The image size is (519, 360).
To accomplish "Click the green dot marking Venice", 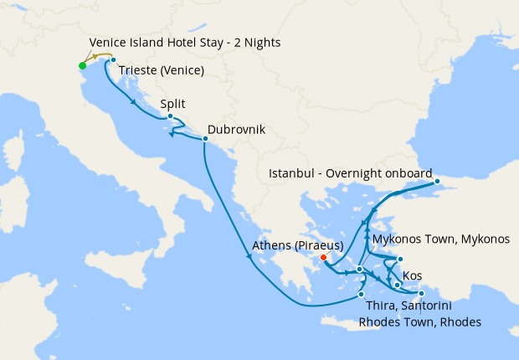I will coord(82,65).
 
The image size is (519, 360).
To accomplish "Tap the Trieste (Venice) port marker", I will coord(113,60).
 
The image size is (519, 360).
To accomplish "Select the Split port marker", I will coord(170,116).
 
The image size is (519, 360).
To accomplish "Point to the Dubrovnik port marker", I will coord(205,140).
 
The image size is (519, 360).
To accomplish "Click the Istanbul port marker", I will coord(436,181).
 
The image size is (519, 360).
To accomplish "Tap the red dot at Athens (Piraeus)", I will coord(323,257).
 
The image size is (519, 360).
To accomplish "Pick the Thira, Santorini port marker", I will coord(361,294).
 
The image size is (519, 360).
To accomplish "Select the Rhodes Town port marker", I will coord(421,293).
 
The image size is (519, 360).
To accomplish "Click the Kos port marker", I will coord(397,285).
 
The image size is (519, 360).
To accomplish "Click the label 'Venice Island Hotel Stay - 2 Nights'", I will coord(184,43).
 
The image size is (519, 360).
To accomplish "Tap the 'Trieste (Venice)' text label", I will coord(162,70).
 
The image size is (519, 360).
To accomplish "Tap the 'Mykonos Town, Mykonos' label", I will coord(440,239).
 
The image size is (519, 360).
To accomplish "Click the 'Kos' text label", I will coord(412,275).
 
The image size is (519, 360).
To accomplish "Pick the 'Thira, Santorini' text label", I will coord(401,306).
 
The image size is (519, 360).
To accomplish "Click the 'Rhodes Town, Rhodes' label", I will coord(419,321).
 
